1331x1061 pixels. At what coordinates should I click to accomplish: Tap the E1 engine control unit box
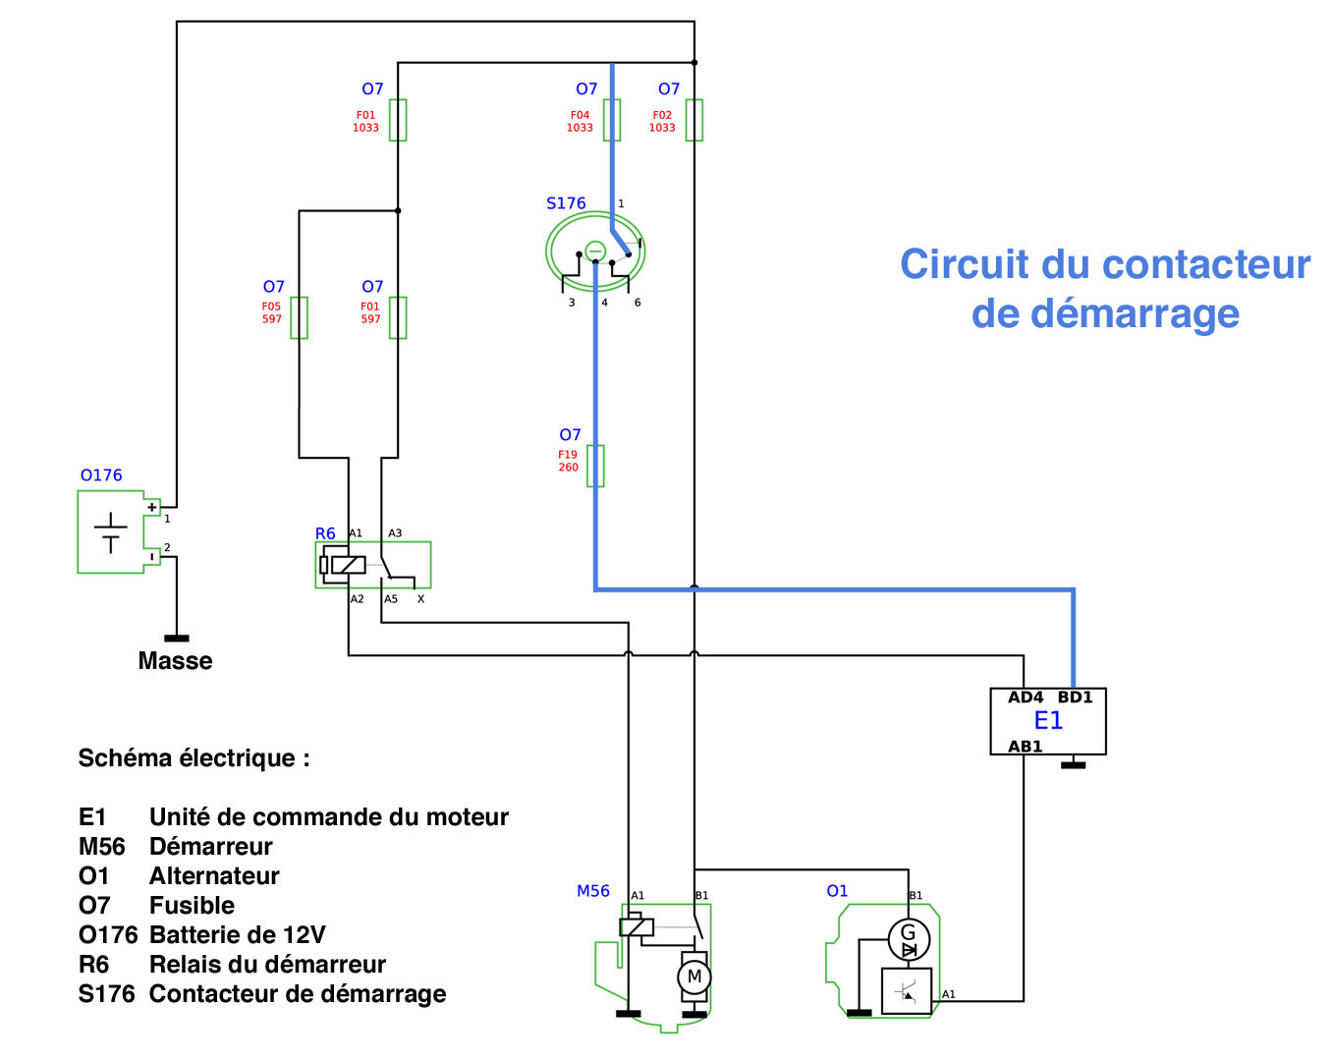coord(1048,721)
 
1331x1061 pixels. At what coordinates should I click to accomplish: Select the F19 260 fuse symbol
coord(595,466)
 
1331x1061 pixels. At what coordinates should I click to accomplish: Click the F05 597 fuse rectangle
coord(300,317)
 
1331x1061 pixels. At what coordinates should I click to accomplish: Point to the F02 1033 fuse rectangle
coord(694,120)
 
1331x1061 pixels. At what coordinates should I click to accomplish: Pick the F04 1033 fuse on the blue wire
coord(612,120)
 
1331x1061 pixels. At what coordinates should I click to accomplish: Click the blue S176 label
coord(566,203)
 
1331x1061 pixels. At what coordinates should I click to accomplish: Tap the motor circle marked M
coord(694,977)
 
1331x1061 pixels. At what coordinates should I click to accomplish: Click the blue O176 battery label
coord(101,475)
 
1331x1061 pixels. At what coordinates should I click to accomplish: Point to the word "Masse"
coord(175,661)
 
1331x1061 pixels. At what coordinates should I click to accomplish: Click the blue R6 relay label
coord(325,533)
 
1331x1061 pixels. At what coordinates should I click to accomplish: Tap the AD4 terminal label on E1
coord(1026,698)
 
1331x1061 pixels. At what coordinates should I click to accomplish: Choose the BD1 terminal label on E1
coord(1075,698)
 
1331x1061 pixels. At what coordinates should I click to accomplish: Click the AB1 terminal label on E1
coord(1026,747)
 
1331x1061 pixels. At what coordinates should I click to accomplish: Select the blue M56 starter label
coord(593,891)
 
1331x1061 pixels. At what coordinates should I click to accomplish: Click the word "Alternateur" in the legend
coord(214,876)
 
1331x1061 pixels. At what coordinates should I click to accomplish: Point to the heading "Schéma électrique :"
coord(194,758)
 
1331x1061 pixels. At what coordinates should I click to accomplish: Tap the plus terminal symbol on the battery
coord(152,507)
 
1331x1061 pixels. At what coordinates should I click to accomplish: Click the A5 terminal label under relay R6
coord(391,599)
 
